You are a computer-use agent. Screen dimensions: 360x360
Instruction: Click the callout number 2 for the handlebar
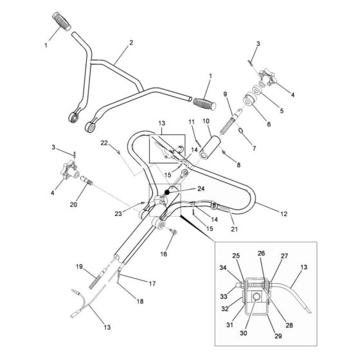[130, 42]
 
